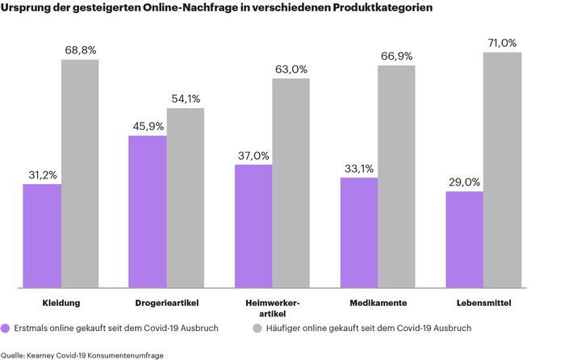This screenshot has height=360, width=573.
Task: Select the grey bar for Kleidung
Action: pos(80,173)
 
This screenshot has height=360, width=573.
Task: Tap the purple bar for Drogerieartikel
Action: pos(148,211)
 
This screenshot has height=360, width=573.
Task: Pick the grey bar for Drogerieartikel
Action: pos(185,197)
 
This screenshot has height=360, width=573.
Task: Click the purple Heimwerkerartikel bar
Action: pos(253,225)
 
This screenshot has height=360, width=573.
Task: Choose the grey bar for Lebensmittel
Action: pos(502,170)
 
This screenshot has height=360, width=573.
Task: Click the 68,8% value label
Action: pos(80,50)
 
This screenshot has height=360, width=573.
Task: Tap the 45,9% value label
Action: pos(147,126)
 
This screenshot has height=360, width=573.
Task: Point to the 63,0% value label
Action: pos(291,69)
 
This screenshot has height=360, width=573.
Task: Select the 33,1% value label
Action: pos(358,169)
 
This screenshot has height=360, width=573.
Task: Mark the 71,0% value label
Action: pos(502,43)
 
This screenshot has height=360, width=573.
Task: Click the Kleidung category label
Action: pos(61,303)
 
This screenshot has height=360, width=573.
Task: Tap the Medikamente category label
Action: pos(378,303)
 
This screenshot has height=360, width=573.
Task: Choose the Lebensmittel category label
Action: pos(483,303)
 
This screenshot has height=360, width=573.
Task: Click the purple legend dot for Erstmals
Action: pos(6,329)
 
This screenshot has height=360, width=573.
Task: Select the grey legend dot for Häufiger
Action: pos(257,329)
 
